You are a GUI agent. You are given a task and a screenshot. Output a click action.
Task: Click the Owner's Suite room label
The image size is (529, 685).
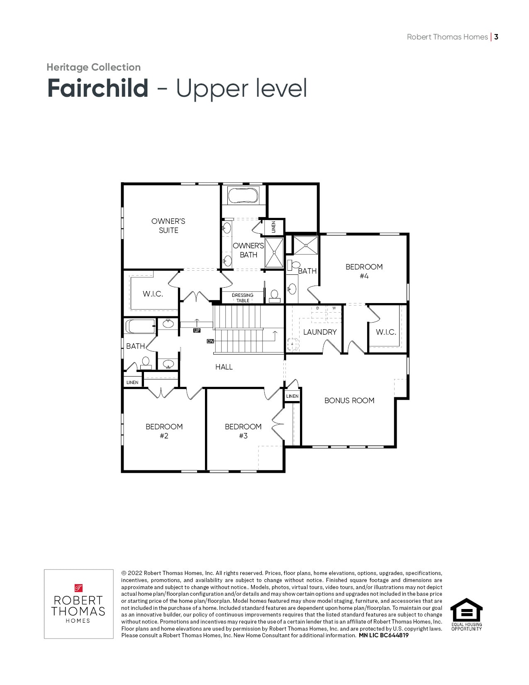pyautogui.click(x=168, y=226)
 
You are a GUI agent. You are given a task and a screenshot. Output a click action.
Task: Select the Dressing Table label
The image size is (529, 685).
pyautogui.click(x=243, y=298)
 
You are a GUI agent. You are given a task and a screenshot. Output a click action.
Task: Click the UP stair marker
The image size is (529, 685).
pyautogui.click(x=197, y=330)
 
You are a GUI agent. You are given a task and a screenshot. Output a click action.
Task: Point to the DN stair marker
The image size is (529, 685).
pyautogui.click(x=210, y=341)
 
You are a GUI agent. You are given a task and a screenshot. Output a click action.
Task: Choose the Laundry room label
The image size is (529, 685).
pyautogui.click(x=320, y=332)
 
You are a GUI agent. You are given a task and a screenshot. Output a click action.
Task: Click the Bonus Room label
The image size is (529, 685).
pyautogui.click(x=349, y=400)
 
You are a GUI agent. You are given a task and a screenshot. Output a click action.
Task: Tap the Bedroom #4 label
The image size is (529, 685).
pyautogui.click(x=364, y=271)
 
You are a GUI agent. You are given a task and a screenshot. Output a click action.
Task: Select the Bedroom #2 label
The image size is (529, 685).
pyautogui.click(x=164, y=431)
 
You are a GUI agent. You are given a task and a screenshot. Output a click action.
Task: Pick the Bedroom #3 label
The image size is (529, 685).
pyautogui.click(x=243, y=431)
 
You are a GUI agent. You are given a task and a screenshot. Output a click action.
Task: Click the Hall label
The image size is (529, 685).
pyautogui.click(x=224, y=367)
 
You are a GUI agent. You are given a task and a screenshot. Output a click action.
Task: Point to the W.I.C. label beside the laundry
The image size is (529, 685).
pyautogui.click(x=386, y=332)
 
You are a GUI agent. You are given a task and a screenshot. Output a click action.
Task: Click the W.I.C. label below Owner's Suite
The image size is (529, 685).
pyautogui.click(x=153, y=294)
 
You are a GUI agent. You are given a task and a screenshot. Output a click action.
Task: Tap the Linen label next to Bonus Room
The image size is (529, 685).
pyautogui.click(x=293, y=396)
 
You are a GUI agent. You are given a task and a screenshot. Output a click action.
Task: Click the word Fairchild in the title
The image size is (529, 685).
pyautogui.click(x=98, y=88)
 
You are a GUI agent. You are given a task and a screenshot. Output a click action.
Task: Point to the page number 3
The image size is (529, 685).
pyautogui.click(x=496, y=37)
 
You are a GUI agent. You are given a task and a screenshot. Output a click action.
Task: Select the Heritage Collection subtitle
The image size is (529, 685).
pyautogui.click(x=94, y=67)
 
